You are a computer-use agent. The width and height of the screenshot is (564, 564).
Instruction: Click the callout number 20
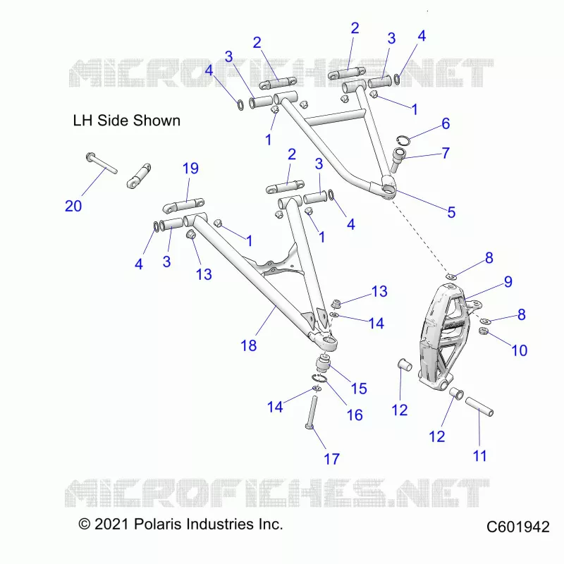pyautogui.click(x=73, y=206)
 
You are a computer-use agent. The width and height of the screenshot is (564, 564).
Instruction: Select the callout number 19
pyautogui.click(x=190, y=168)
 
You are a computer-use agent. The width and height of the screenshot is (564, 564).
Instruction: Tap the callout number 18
pyautogui.click(x=249, y=345)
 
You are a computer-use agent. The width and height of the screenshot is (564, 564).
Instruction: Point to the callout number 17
pyautogui.click(x=331, y=459)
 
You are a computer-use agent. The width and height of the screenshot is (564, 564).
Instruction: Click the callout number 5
pyautogui.click(x=451, y=213)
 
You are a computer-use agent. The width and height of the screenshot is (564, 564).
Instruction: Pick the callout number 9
pyautogui.click(x=508, y=281)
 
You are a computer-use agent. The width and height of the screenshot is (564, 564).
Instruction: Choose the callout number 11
pyautogui.click(x=479, y=455)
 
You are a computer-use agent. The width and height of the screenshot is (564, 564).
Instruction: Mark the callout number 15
pyautogui.click(x=359, y=388)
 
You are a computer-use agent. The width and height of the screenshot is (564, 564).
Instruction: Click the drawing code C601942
pyautogui.click(x=518, y=527)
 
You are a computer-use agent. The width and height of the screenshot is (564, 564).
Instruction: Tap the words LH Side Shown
pyautogui.click(x=127, y=121)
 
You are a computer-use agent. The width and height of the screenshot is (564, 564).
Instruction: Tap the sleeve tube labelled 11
pyautogui.click(x=479, y=407)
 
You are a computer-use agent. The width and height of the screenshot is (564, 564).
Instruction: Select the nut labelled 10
pyautogui.click(x=484, y=331)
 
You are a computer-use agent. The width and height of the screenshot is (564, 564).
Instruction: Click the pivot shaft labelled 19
pyautogui.click(x=183, y=206)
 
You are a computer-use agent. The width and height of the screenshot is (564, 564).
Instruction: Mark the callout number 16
pyautogui.click(x=355, y=415)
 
